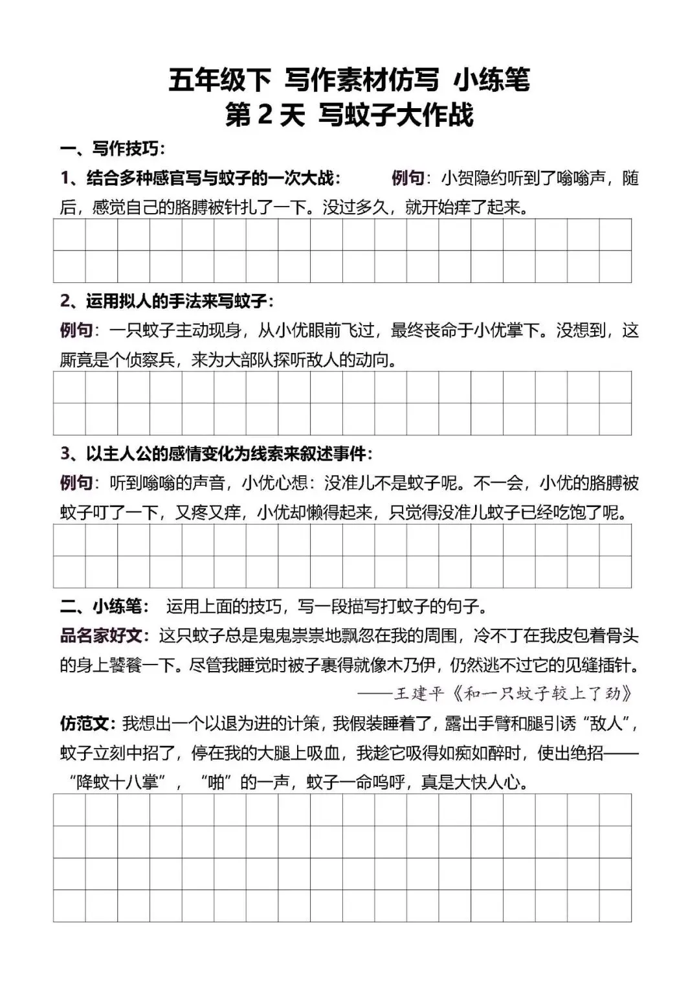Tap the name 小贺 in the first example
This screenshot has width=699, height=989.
457,178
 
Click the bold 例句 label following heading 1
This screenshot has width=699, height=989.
407,178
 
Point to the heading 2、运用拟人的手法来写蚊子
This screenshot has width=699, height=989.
167,301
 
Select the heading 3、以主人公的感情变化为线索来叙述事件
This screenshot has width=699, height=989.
216,453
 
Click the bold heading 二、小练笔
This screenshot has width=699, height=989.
104,606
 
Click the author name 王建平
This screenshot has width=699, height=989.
418,694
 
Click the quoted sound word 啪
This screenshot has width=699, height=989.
216,782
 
